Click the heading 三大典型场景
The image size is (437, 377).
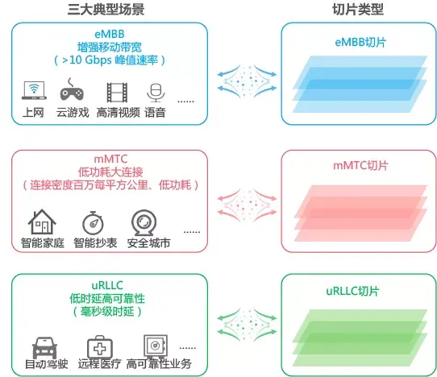point(107,9)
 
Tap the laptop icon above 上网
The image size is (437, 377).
point(34,92)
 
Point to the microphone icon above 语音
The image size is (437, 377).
point(155,92)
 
